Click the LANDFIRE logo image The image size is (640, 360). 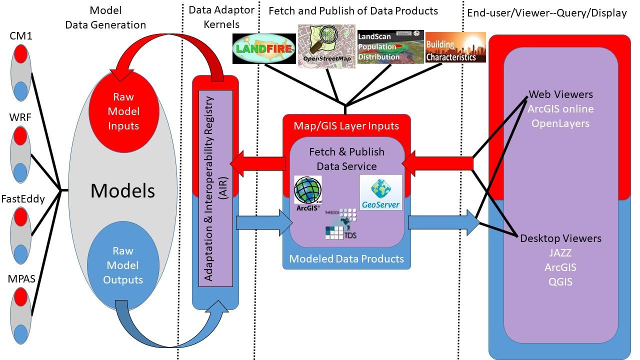point(264,49)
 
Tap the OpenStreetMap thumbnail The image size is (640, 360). point(326,46)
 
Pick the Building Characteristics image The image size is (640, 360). point(455,47)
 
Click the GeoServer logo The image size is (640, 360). point(380,192)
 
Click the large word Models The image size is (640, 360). point(123,190)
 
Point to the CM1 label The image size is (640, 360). point(21,36)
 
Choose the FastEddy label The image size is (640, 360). point(23,199)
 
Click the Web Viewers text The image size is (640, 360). point(560,94)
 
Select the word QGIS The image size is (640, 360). point(560,282)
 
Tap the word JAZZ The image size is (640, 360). point(560,253)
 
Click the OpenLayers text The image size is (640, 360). point(560,123)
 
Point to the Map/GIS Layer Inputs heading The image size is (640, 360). point(346,125)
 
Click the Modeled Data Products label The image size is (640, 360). point(346,259)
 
